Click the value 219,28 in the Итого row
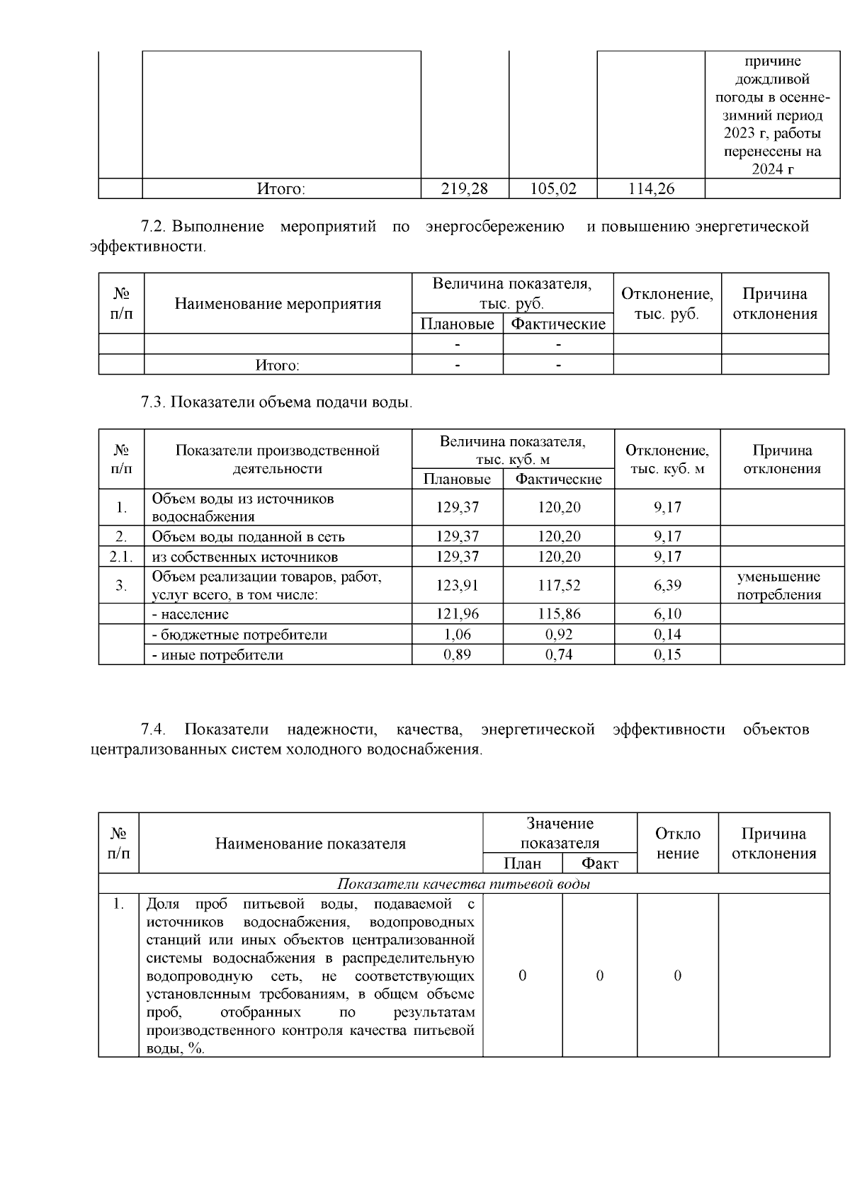[x=465, y=188]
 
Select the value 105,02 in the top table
[x=553, y=188]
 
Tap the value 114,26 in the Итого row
[x=651, y=188]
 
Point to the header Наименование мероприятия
[x=278, y=304]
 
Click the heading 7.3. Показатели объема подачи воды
[x=276, y=402]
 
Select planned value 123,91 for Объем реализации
[x=457, y=585]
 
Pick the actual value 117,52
[x=559, y=585]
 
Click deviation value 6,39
[x=667, y=585]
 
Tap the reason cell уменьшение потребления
[x=779, y=585]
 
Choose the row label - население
[x=191, y=614]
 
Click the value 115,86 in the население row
[x=559, y=614]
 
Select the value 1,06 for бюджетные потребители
[x=457, y=634]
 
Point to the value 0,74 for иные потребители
[x=559, y=654]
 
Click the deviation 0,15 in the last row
[x=667, y=654]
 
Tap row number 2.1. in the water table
[x=121, y=557]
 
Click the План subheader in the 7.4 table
[x=522, y=863]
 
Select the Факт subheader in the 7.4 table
[x=599, y=863]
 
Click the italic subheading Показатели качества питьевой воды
[x=463, y=883]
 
